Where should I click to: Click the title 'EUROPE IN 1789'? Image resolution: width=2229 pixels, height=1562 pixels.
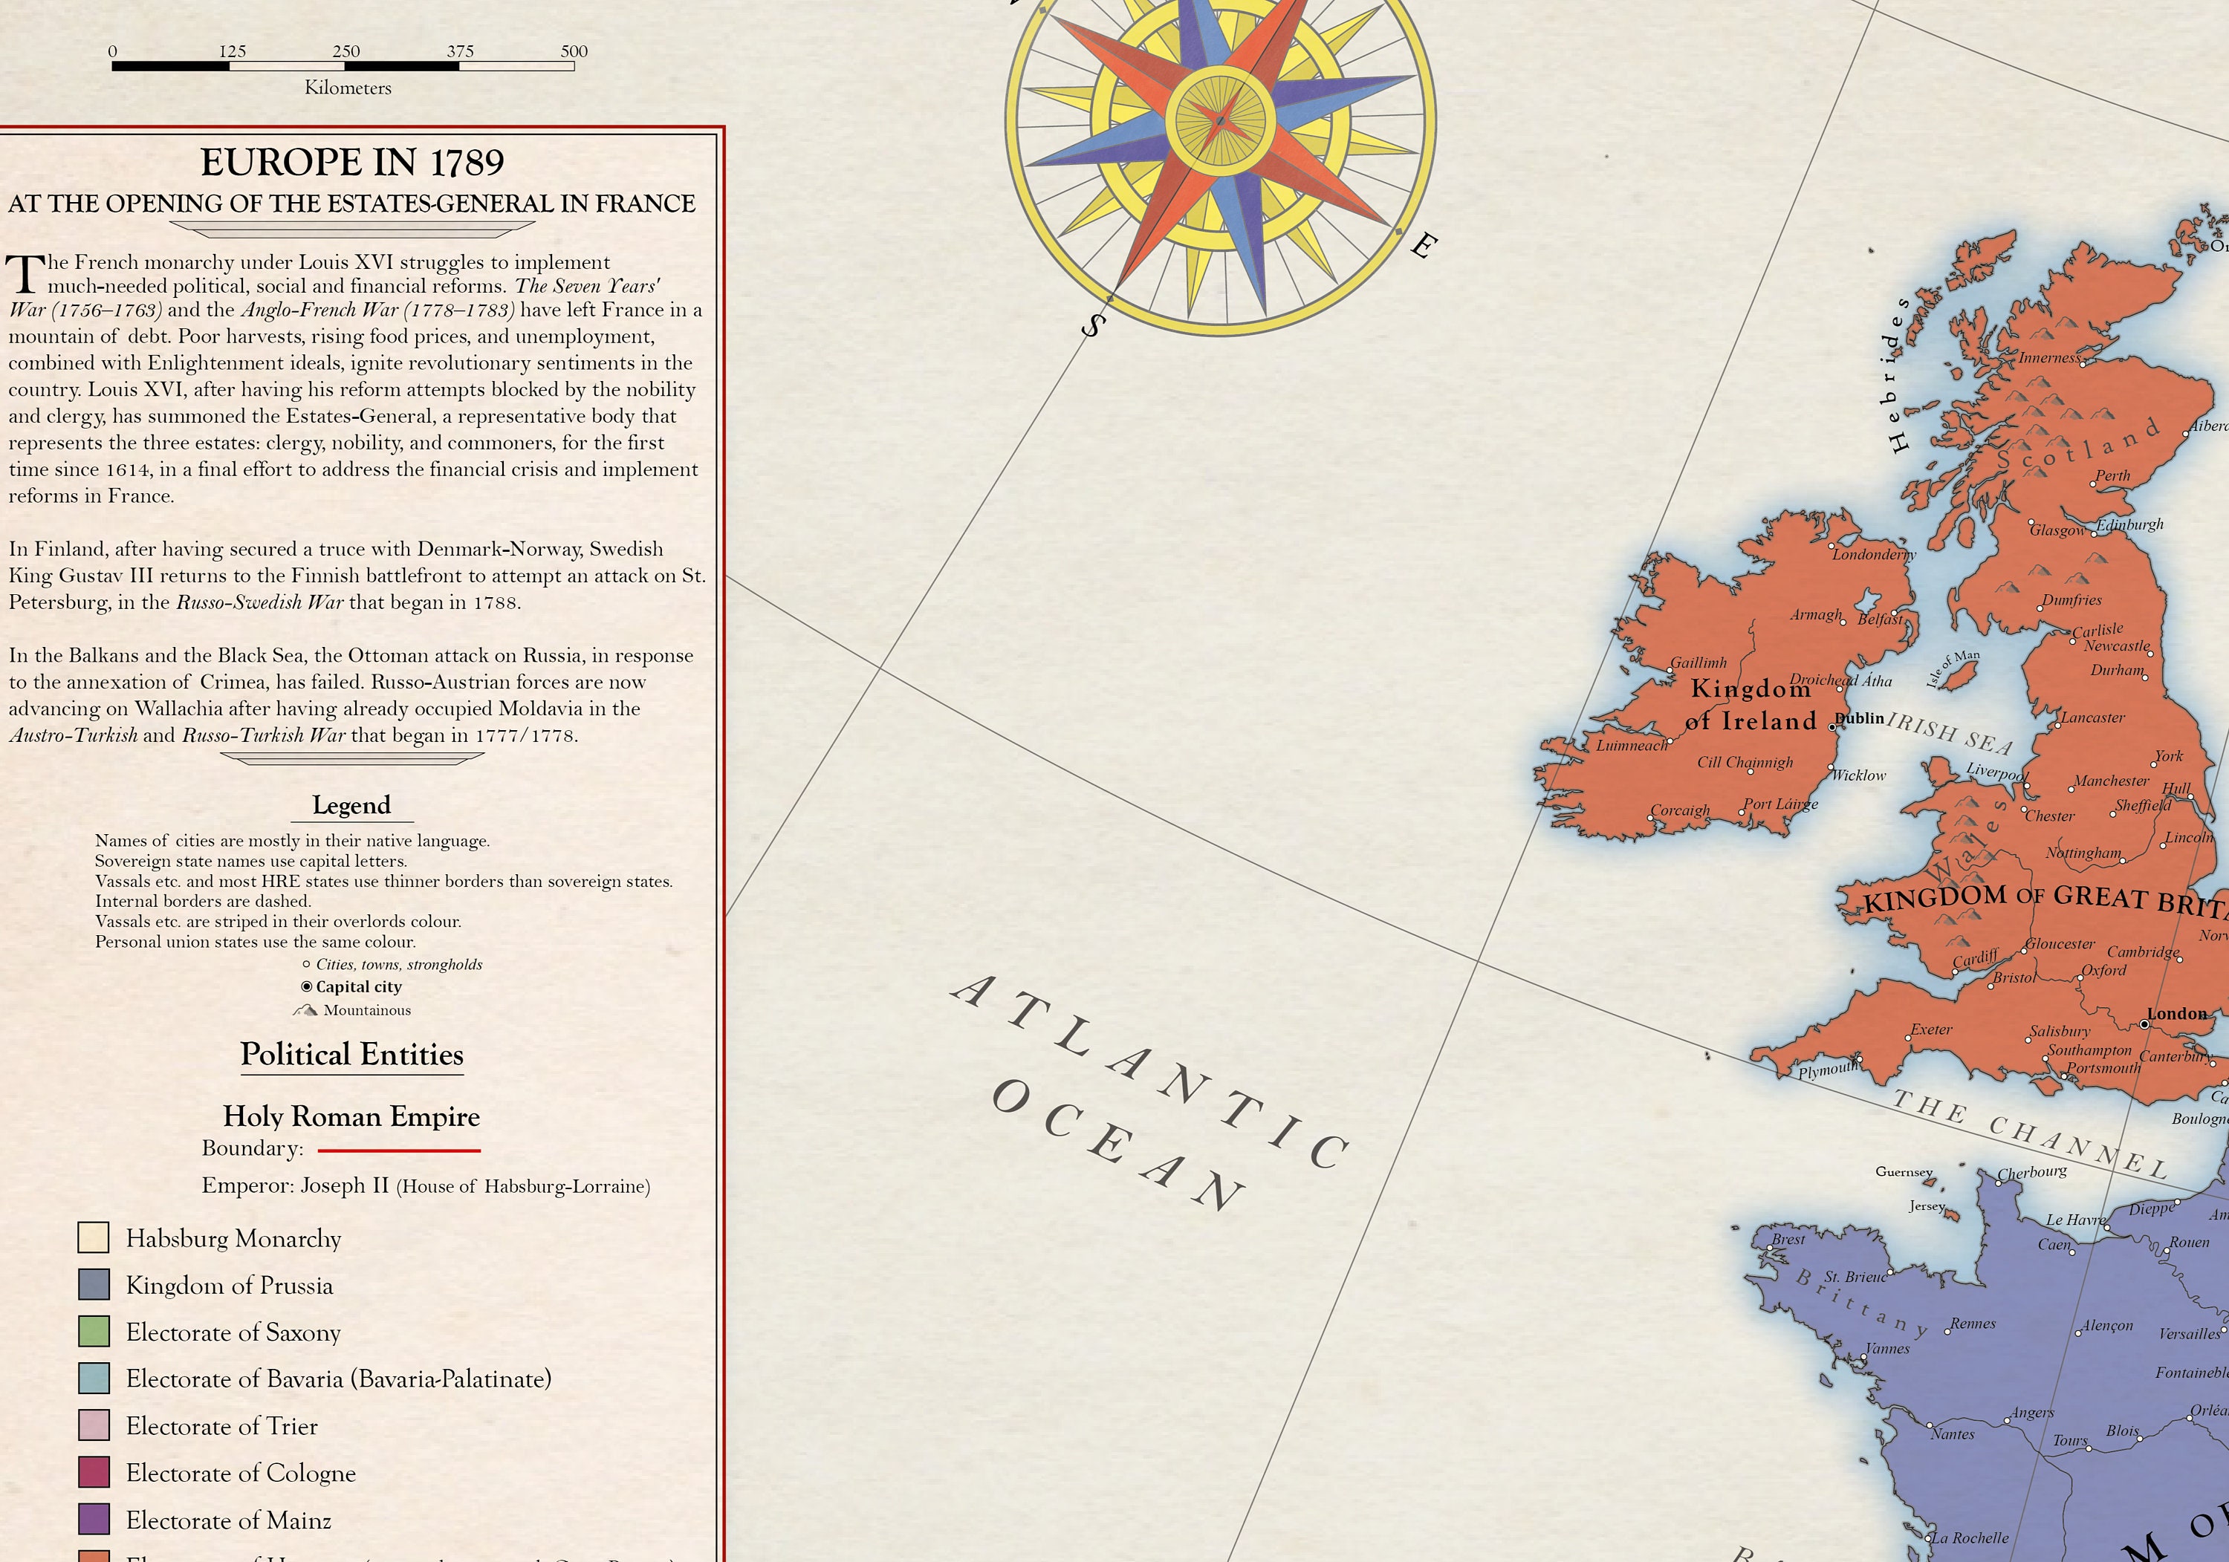[351, 162]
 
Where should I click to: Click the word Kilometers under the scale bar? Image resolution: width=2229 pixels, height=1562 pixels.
[348, 88]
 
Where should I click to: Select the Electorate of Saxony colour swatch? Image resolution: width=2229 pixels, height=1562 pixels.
[93, 1331]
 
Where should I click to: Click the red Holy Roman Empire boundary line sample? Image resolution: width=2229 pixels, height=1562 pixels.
[398, 1151]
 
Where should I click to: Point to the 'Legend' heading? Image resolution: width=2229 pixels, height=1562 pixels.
[351, 805]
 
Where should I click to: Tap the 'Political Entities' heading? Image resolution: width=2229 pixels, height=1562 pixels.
[351, 1054]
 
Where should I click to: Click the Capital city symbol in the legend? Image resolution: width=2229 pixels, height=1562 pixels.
[307, 986]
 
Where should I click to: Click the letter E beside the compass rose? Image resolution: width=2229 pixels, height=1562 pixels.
[1422, 246]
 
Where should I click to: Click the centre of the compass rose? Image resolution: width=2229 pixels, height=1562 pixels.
[1220, 120]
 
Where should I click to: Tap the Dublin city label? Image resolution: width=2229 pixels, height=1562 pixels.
[1860, 718]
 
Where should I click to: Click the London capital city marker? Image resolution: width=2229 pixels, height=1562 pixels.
[2144, 1024]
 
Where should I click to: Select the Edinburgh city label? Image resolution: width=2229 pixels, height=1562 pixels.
[2130, 524]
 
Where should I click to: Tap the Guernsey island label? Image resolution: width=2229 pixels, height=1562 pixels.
[1904, 1172]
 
